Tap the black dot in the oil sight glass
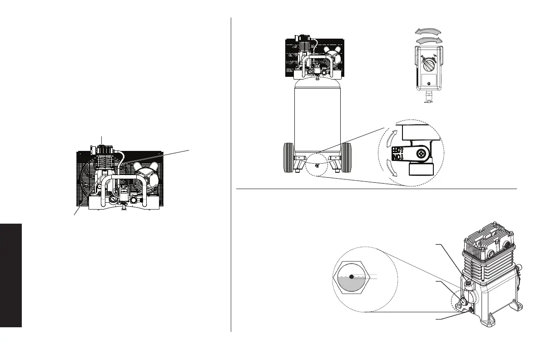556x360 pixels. [x=352, y=276]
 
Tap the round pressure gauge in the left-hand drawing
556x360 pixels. [x=112, y=199]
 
